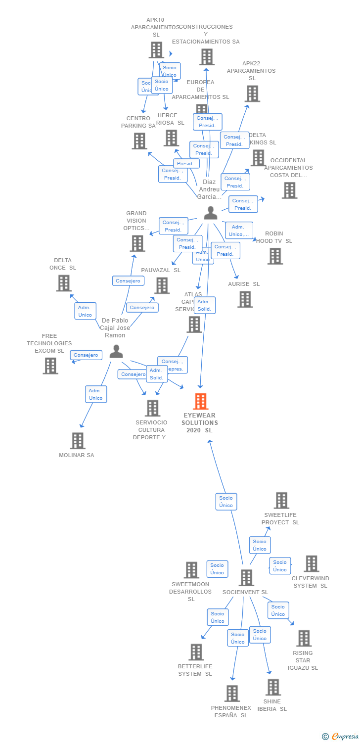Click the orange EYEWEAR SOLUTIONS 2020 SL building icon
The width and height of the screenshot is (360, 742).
pos(200,401)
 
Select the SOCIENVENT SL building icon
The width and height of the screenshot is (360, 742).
pos(246,577)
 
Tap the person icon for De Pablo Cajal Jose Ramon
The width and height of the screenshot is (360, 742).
pos(116,351)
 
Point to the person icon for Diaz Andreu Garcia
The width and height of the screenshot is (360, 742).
pos(211,213)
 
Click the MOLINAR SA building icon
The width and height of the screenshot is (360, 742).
pos(78,440)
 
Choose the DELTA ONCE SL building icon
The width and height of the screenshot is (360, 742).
pos(63,283)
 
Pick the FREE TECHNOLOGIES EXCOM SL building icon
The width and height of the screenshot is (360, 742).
pos(50,366)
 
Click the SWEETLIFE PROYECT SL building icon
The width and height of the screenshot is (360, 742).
pos(281,500)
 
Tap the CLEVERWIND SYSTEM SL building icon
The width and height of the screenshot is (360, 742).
pos(311,563)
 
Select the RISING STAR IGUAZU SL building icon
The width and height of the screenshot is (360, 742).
pos(304,638)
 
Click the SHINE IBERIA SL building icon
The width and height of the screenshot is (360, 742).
pos(273,687)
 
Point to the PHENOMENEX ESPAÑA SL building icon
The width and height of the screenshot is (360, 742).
pos(232,694)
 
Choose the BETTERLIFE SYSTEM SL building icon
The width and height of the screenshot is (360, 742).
pos(196,652)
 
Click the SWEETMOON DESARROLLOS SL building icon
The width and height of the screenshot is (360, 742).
pos(191,570)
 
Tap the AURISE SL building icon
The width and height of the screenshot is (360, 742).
pos(245,299)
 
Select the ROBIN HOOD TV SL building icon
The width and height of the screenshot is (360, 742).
pos(275,256)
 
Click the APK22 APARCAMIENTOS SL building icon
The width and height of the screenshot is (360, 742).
pos(252,93)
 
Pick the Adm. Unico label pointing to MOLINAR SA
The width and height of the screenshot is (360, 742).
pos(95,394)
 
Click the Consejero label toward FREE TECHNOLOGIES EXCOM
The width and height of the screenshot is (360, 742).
pos(86,355)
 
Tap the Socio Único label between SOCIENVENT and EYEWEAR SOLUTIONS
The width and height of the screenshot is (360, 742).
pos(226,502)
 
